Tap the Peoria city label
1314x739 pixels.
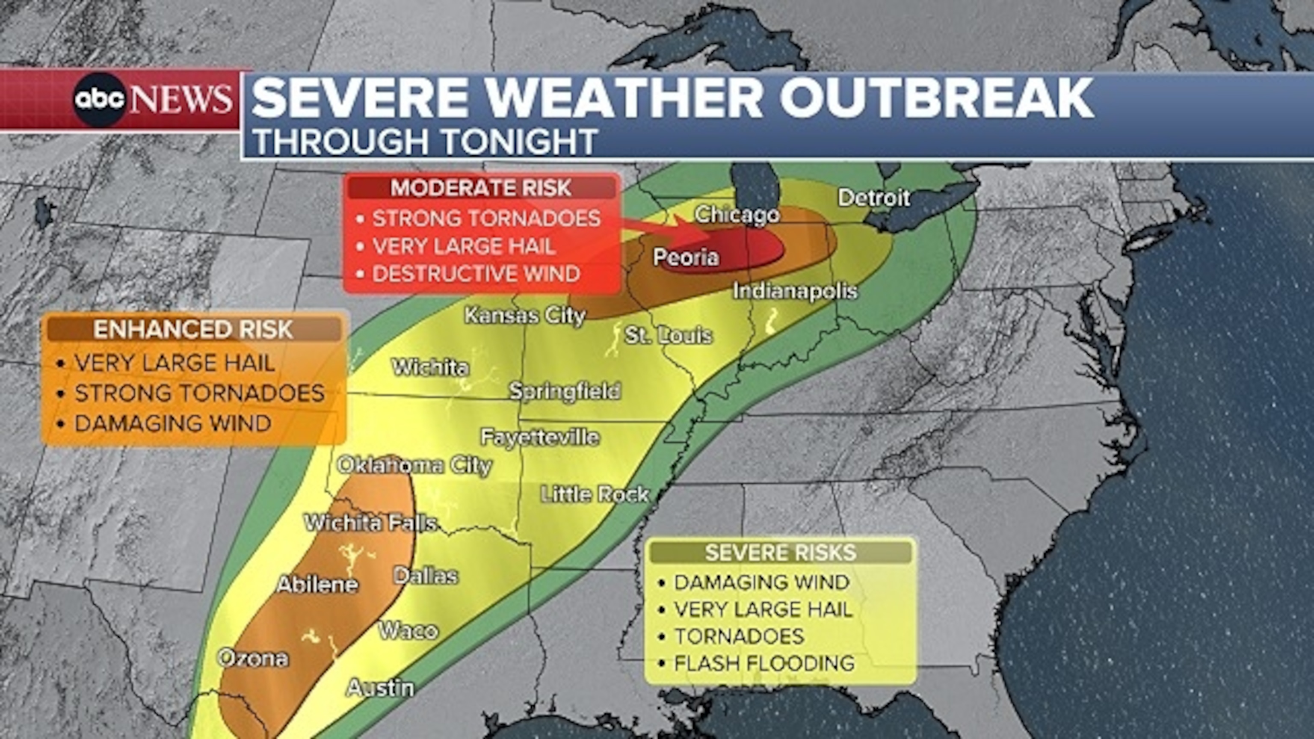tap(686, 257)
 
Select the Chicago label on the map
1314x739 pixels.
tap(737, 215)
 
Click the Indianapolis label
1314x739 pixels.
tap(795, 291)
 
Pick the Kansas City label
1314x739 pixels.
tap(524, 316)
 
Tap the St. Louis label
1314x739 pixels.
tap(668, 336)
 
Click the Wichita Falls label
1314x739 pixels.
tap(370, 523)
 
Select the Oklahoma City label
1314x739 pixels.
tap(414, 465)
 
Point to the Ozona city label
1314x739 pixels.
tap(253, 659)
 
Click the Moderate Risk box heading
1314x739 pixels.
tap(480, 188)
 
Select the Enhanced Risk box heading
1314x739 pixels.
tap(193, 329)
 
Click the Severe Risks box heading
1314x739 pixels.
tap(781, 553)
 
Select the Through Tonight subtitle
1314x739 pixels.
tap(425, 142)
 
